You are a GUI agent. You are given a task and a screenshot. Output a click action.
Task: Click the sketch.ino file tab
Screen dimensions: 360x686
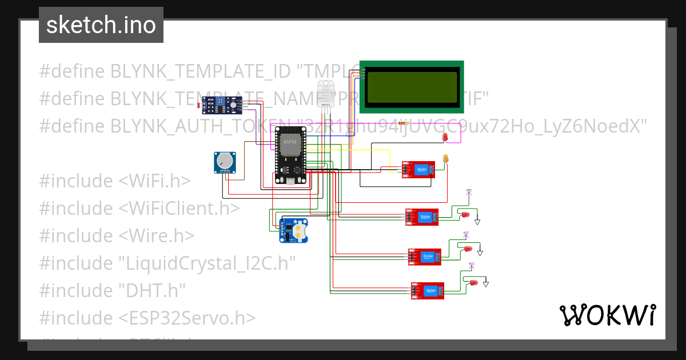pos(101,25)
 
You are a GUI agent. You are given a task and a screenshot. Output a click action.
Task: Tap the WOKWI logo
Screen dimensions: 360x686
pos(607,315)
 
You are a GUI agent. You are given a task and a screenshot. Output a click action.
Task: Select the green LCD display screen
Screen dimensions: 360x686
pos(412,86)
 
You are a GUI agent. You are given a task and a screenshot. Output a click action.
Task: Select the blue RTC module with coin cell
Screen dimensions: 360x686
pos(294,230)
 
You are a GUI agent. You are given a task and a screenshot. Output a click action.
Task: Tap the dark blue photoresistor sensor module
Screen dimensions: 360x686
pos(222,104)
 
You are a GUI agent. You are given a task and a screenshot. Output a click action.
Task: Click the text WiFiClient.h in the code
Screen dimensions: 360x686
pos(179,208)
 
